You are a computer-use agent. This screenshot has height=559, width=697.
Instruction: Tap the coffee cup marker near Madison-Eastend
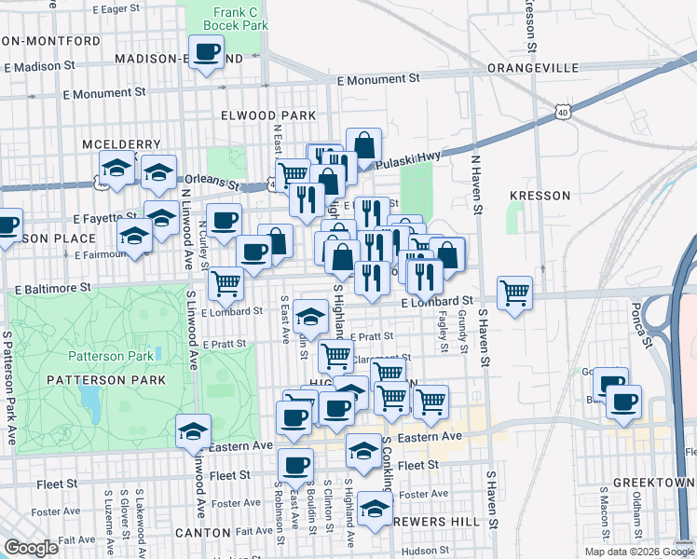coord(206,51)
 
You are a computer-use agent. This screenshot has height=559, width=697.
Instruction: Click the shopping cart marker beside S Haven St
coord(514,292)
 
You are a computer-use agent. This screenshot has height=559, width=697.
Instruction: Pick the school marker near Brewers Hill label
coord(375,508)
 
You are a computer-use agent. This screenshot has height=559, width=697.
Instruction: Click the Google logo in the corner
coord(31,548)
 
